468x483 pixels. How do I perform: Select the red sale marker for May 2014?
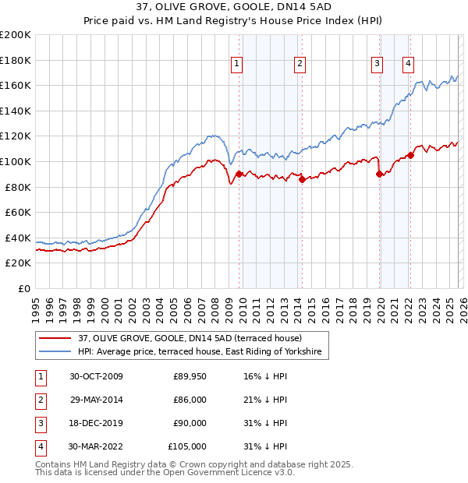pos(302,179)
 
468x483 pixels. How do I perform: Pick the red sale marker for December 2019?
pos(380,175)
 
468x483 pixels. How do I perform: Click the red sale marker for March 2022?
pos(411,155)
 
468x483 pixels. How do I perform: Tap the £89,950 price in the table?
pos(190,376)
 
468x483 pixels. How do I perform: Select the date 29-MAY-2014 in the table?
pos(97,400)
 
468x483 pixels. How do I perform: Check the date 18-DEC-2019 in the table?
pos(97,423)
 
